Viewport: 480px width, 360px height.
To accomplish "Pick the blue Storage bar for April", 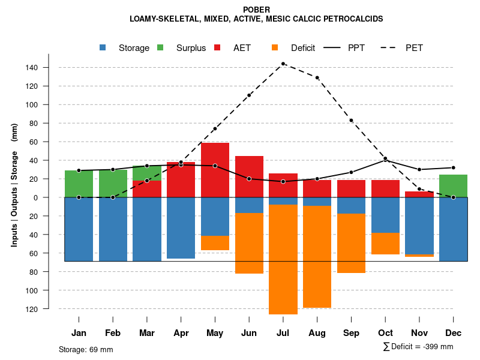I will [181, 228].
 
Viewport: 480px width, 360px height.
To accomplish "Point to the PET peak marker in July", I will [283, 64].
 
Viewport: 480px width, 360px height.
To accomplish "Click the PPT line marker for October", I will [385, 160].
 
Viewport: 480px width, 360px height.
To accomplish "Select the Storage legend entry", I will [134, 48].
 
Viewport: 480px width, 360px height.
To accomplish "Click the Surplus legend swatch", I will [160, 48].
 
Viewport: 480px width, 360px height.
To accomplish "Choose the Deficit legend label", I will [303, 48].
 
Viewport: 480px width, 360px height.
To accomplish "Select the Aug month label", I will [317, 333].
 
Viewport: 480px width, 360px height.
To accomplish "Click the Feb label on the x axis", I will [113, 333].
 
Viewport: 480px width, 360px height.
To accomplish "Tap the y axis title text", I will [14, 185].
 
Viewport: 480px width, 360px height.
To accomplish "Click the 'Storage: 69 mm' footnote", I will [86, 349].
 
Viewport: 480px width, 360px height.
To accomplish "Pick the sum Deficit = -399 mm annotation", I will [418, 347].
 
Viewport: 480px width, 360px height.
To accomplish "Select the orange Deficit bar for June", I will [249, 243].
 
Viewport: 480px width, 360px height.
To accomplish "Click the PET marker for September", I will [351, 121].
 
